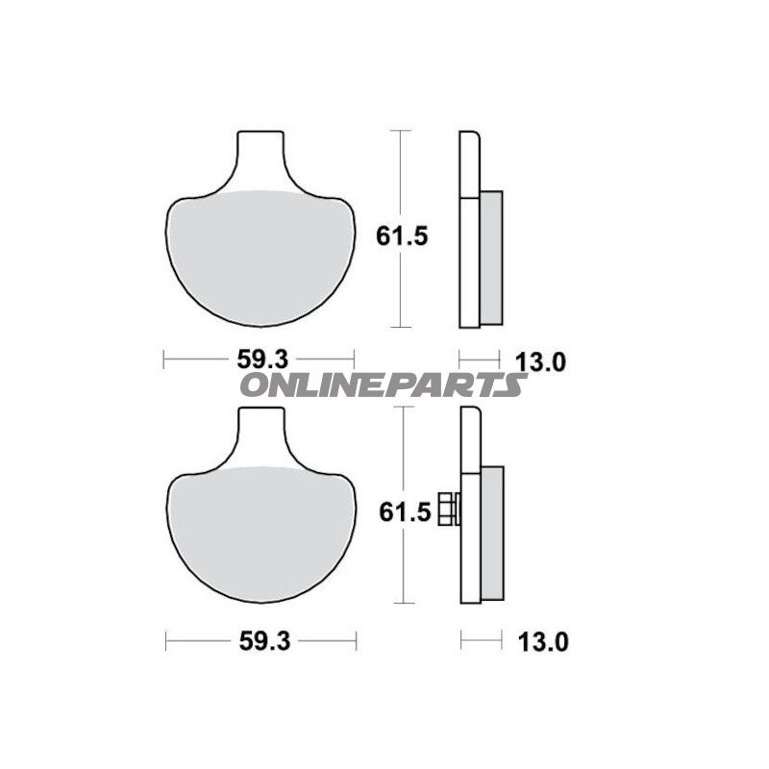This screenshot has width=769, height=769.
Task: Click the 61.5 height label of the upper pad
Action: pyautogui.click(x=394, y=236)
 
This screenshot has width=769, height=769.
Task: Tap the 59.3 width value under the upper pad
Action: pyautogui.click(x=262, y=360)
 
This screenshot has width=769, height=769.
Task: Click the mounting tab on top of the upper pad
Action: pyautogui.click(x=261, y=154)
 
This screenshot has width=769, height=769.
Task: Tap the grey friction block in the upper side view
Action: pyautogui.click(x=490, y=256)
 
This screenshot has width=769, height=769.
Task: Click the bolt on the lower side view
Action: pyautogui.click(x=449, y=509)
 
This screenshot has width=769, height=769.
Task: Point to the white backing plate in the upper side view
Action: pyautogui.click(x=468, y=231)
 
